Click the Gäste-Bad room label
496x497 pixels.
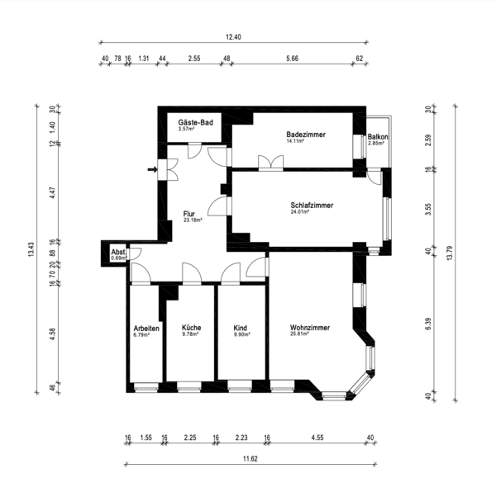pos(195,122)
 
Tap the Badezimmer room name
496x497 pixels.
pos(306,135)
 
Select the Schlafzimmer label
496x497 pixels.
pos(312,205)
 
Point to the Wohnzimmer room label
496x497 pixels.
pos(310,328)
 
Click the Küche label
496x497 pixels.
pos(191,328)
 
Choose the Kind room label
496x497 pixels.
pos(240,328)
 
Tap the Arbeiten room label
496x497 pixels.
pos(146,328)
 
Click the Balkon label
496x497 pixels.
pos(378,137)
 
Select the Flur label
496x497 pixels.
pos(188,214)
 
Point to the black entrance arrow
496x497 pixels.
pos(152,169)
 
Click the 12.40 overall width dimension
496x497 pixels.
pos(233,37)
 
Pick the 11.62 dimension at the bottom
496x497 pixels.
pos(250,458)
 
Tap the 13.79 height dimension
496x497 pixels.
pos(450,253)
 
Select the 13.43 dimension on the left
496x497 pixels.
pos(31,249)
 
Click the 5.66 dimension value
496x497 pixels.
pos(292,59)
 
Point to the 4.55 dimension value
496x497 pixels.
pos(317,438)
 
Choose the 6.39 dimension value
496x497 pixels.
pos(428,324)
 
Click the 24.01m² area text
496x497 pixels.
pos(300,211)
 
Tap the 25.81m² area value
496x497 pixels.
pos(299,334)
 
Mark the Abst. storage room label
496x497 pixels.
pos(119,252)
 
